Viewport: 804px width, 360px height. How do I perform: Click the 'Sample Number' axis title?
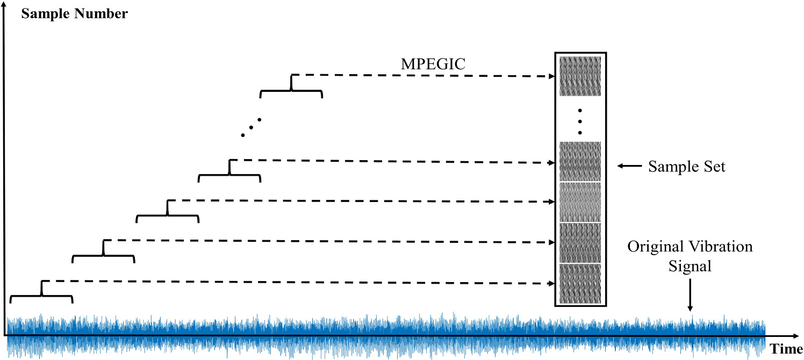click(x=74, y=13)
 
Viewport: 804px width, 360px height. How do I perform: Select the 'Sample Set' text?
click(x=686, y=167)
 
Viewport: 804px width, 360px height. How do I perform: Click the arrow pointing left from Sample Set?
click(x=629, y=167)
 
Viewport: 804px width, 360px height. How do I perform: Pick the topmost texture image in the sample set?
click(x=580, y=76)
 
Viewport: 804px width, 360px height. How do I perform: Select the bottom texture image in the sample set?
click(x=580, y=284)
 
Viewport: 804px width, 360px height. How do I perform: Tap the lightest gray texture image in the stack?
click(x=580, y=202)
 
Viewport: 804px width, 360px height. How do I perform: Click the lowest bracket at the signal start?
click(x=41, y=296)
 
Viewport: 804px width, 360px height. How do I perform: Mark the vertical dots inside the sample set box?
click(x=580, y=121)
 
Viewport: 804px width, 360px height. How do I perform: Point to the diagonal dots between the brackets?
click(x=251, y=127)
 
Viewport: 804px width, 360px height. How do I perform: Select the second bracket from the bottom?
click(x=103, y=255)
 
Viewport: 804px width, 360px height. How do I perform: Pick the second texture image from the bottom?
click(x=580, y=242)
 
